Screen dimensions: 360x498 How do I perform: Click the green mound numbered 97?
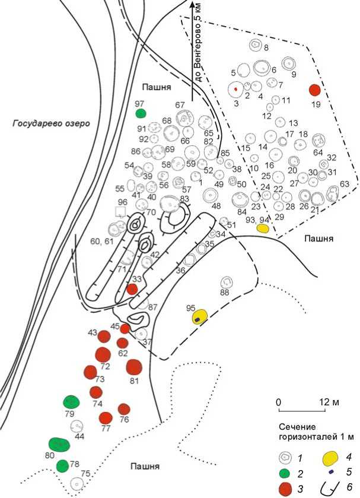click(x=141, y=113)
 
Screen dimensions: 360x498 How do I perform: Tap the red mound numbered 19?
click(x=314, y=90)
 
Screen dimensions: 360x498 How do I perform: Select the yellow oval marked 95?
click(x=199, y=316)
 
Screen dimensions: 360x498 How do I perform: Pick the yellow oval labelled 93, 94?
click(x=263, y=228)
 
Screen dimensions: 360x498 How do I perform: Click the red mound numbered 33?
click(x=132, y=289)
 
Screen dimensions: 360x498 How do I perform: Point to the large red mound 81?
click(x=134, y=367)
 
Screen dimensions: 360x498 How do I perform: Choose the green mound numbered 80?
click(x=59, y=444)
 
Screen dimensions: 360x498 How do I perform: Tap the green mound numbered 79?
click(x=71, y=401)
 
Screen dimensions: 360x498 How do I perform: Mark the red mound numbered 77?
click(x=106, y=418)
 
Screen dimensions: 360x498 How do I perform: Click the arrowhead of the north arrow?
click(x=192, y=6)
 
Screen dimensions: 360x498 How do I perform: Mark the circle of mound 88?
click(x=226, y=283)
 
